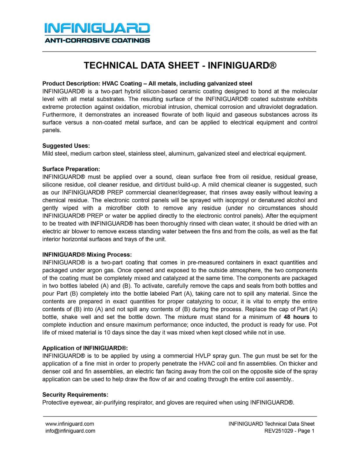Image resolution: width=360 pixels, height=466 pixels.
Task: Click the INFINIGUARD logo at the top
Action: click(97, 28)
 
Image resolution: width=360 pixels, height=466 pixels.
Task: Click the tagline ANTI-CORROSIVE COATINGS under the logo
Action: click(97, 40)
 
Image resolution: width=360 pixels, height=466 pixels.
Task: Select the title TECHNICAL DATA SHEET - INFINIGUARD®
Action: click(180, 65)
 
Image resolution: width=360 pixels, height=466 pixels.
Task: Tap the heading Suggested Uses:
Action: click(66, 146)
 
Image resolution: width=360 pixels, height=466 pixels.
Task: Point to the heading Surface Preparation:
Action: click(71, 169)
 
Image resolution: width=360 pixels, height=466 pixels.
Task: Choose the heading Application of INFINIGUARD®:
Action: click(85, 348)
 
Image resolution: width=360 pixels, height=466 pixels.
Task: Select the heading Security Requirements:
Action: click(75, 395)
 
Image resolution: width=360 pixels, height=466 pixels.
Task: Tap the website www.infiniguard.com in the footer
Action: click(70, 424)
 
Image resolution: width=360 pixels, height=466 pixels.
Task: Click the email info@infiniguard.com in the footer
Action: click(70, 431)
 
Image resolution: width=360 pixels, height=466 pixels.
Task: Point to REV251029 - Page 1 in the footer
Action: click(289, 431)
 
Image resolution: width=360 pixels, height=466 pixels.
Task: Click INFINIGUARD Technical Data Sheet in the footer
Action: click(271, 424)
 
